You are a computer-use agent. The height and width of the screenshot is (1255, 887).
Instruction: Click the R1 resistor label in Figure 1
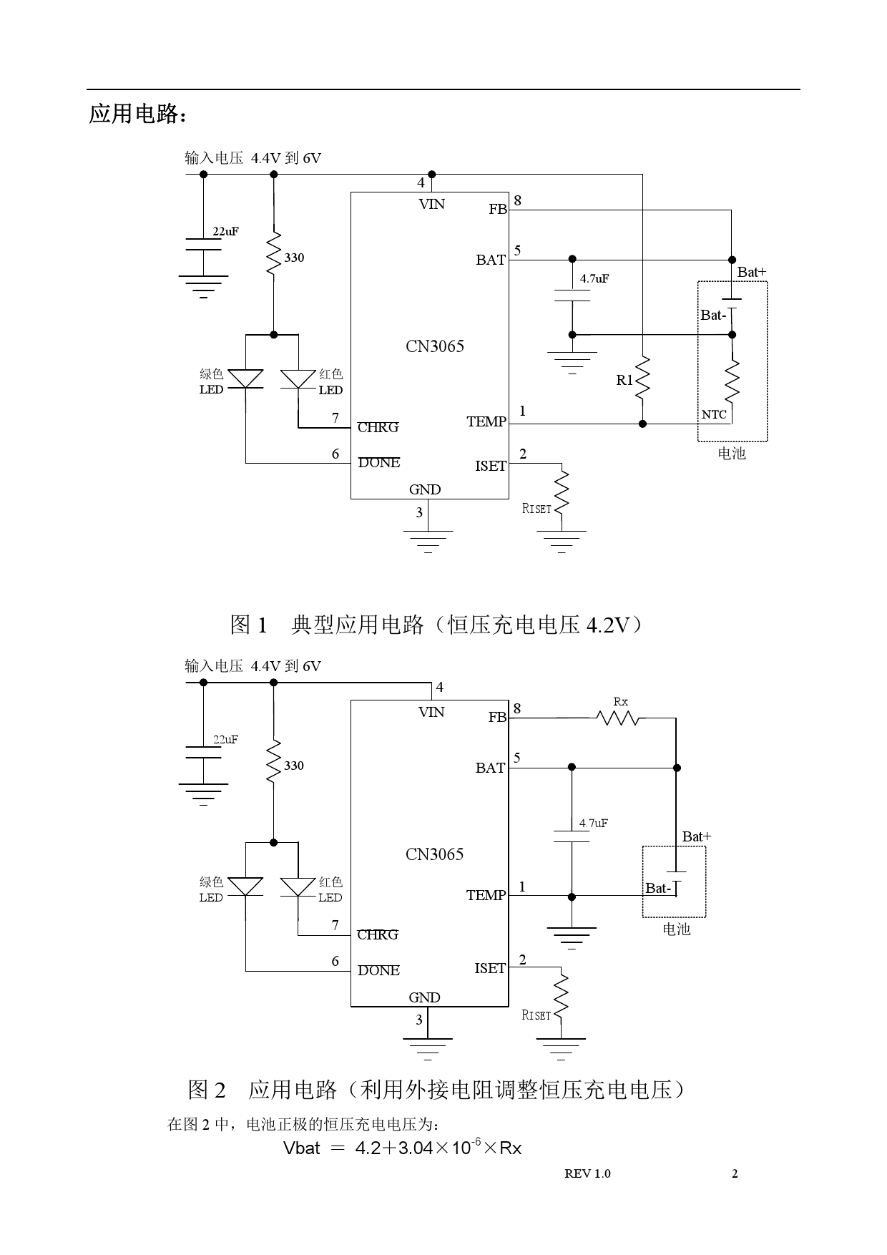coord(624,381)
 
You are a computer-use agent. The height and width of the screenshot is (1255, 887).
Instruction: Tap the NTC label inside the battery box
coord(714,415)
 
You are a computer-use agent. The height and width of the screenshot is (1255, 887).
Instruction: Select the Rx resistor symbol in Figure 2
coord(620,717)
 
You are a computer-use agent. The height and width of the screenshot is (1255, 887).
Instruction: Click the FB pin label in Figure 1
coord(498,210)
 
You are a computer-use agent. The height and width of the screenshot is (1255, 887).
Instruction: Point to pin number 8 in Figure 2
coord(517,708)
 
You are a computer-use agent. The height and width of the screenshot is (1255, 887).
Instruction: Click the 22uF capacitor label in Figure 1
coord(225,232)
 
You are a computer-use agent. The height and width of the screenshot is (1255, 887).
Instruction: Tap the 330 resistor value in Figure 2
coord(294,766)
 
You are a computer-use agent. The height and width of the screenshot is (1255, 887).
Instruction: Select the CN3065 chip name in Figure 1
coord(435,346)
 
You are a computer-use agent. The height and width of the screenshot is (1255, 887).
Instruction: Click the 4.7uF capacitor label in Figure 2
coord(594,824)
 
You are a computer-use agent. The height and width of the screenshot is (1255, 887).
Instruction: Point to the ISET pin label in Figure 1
coord(491,467)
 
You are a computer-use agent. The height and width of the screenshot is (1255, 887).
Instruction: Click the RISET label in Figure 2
coord(536,1015)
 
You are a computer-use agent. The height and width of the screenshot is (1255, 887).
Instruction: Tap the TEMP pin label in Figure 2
coord(486,896)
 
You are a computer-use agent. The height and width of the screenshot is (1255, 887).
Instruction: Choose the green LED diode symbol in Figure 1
coord(245,379)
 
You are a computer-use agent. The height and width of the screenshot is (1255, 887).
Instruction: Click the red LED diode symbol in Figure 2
coord(298,887)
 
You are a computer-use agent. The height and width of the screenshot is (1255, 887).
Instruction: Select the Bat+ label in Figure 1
coord(751,273)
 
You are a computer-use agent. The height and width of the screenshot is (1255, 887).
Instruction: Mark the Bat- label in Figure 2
coord(658,889)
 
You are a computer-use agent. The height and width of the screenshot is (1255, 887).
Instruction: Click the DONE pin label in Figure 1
coord(378,463)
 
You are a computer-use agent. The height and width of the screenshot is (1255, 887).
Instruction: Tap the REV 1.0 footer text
coord(587,1173)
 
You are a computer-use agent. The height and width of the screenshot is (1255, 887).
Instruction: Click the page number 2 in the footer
coord(735,1173)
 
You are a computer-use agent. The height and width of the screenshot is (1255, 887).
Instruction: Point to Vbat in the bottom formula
coord(301,1148)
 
